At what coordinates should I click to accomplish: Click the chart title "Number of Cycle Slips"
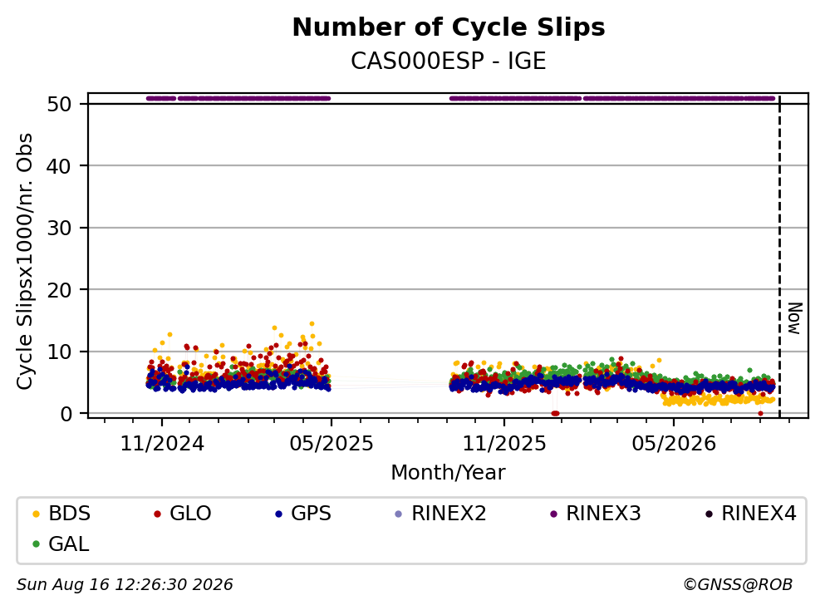click(449, 27)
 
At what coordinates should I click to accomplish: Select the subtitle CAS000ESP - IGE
click(449, 61)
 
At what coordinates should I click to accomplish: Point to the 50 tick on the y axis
click(59, 104)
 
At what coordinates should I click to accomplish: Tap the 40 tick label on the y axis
click(59, 166)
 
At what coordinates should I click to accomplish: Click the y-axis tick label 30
click(59, 228)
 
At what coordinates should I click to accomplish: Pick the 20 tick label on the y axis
click(59, 290)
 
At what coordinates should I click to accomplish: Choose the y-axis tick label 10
click(59, 352)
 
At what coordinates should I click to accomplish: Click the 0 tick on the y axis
click(66, 414)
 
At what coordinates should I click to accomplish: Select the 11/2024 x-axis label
click(162, 444)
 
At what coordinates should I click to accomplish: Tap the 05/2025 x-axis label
click(331, 444)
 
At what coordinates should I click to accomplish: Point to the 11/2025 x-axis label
click(504, 444)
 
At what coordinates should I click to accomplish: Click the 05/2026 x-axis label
click(674, 444)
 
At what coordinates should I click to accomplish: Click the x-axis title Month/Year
click(448, 473)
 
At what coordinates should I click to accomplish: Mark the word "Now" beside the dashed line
click(794, 318)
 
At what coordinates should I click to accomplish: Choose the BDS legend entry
click(62, 513)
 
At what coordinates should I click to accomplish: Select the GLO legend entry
click(183, 513)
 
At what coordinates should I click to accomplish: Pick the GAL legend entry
click(61, 544)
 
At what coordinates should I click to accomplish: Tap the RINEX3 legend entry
click(596, 513)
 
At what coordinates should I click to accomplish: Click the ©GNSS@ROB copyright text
click(738, 584)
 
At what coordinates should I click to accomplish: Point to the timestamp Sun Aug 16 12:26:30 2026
click(125, 584)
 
